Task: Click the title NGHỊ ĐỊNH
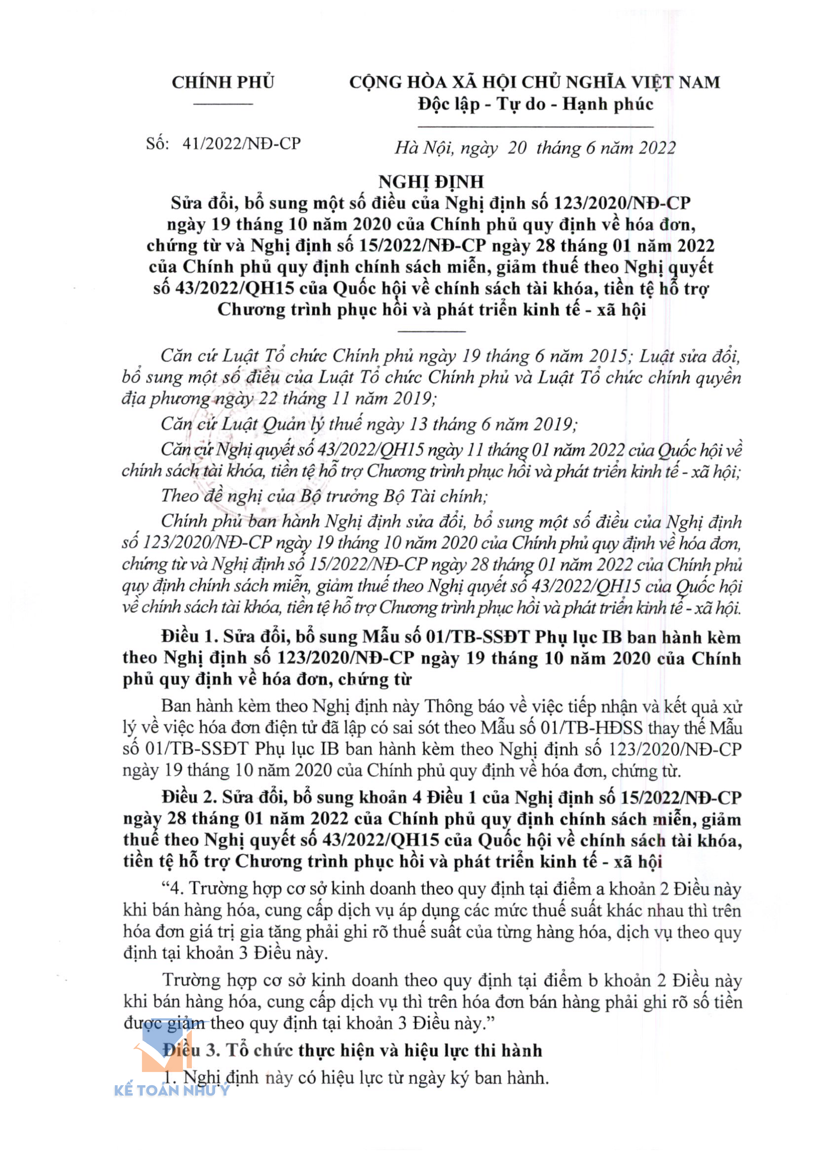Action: coord(431,181)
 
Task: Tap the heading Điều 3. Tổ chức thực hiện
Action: coord(352,1050)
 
